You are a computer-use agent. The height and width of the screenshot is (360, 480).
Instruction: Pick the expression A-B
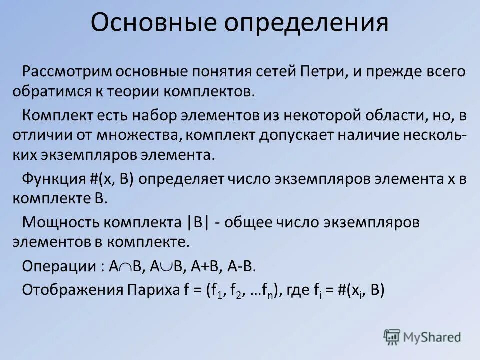(241, 266)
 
